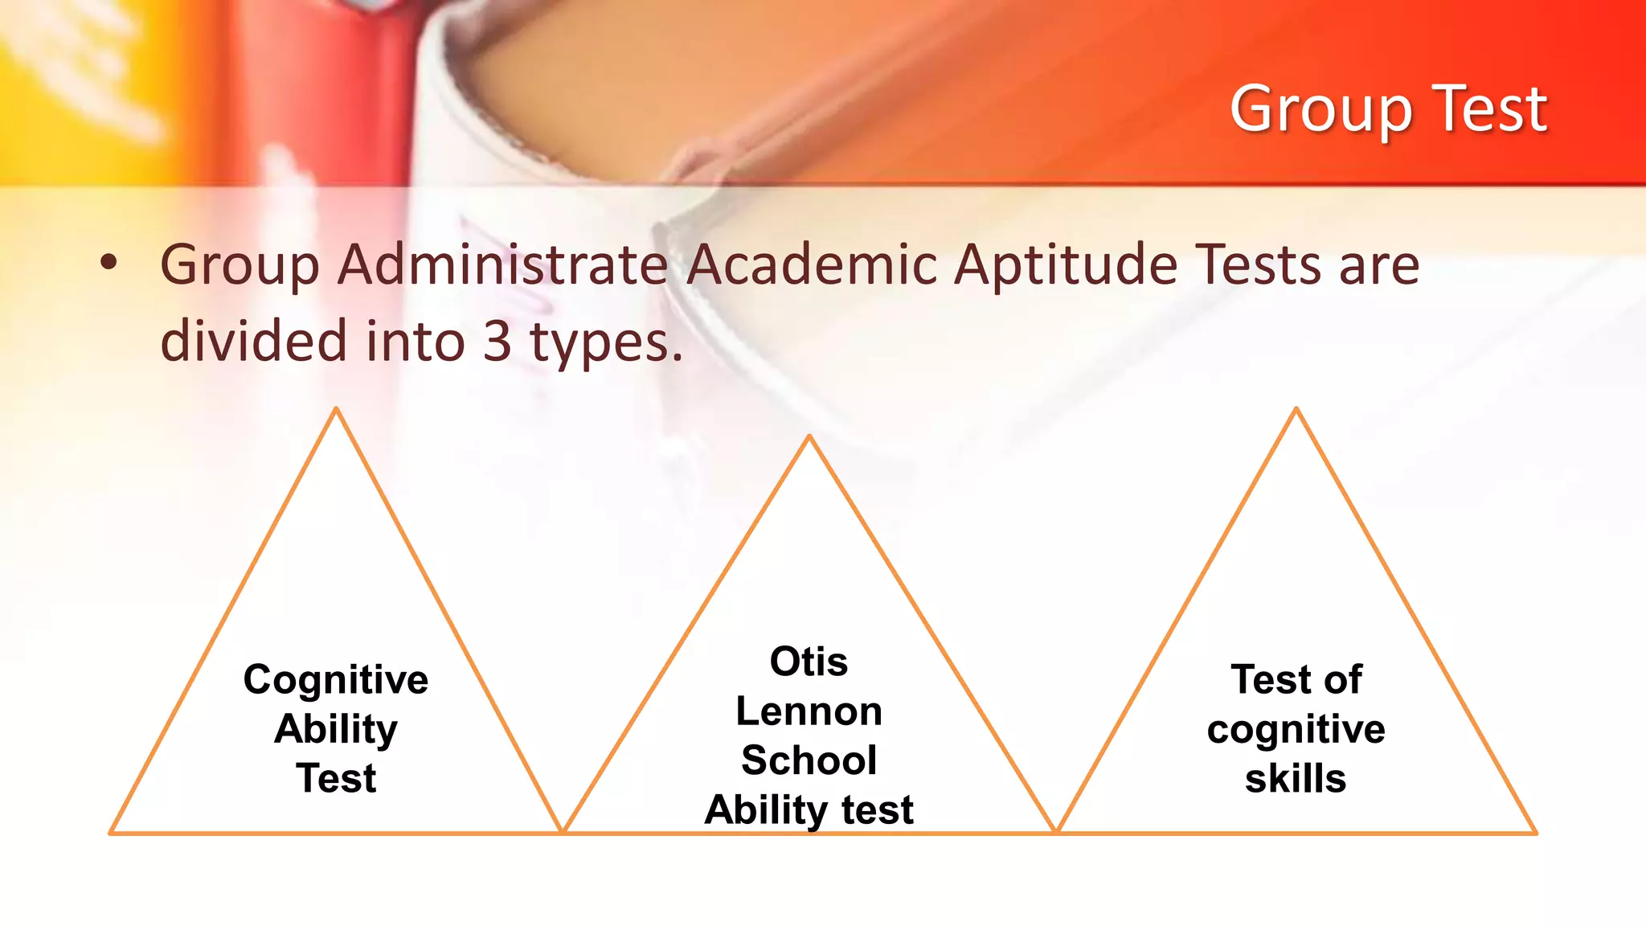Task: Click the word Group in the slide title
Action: (x=1320, y=109)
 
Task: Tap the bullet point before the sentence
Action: (x=109, y=262)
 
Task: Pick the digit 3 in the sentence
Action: (x=497, y=341)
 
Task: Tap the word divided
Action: (x=254, y=341)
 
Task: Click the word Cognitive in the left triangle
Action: (x=336, y=680)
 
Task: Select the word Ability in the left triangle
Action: (x=336, y=730)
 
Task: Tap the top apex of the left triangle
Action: (x=337, y=409)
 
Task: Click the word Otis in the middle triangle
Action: (x=809, y=662)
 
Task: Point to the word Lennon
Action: (x=809, y=711)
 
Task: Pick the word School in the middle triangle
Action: (x=809, y=760)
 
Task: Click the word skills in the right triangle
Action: (x=1296, y=779)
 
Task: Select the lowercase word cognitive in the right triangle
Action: (x=1296, y=730)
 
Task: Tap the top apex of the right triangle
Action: (x=1296, y=409)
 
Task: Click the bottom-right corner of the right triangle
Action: (x=1535, y=833)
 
